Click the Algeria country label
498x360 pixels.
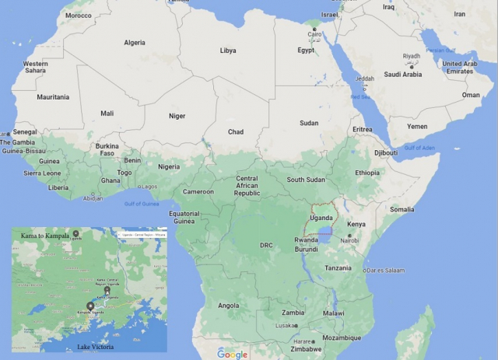click(134, 43)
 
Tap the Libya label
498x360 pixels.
click(228, 51)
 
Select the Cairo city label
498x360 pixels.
click(315, 34)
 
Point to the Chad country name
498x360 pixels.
click(235, 132)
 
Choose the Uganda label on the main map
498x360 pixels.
click(321, 218)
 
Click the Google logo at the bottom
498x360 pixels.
click(232, 354)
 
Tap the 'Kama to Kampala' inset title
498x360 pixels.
click(45, 235)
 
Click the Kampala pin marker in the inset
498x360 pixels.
click(90, 306)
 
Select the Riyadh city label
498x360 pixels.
click(412, 56)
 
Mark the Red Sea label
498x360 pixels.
click(360, 97)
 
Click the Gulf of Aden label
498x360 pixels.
click(419, 148)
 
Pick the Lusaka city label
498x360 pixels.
click(285, 326)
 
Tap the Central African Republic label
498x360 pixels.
click(247, 186)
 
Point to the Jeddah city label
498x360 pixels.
click(364, 79)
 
